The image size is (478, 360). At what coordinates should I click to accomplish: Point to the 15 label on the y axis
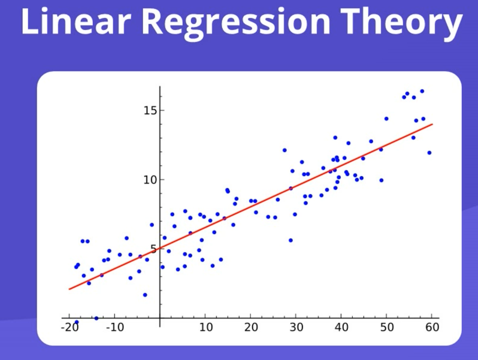click(x=149, y=111)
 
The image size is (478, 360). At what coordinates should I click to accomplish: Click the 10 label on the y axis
click(x=149, y=180)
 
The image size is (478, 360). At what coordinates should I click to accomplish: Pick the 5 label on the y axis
click(x=152, y=249)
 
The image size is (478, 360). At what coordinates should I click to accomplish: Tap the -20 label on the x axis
click(x=69, y=328)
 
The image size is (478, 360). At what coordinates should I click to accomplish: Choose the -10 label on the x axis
click(x=115, y=328)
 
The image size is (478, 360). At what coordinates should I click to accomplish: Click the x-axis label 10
click(x=205, y=328)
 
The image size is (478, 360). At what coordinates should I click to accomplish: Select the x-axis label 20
click(x=251, y=328)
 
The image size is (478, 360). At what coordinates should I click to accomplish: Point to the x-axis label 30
click(x=296, y=328)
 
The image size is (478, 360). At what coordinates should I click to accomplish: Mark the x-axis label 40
click(x=341, y=328)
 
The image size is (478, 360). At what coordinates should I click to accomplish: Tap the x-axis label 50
click(x=386, y=328)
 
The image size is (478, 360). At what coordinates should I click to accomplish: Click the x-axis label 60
click(x=432, y=328)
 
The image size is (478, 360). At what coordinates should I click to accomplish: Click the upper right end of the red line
click(x=432, y=124)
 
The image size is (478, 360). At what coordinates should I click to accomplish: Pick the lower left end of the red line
click(x=69, y=289)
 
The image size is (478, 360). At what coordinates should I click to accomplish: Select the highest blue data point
click(x=422, y=91)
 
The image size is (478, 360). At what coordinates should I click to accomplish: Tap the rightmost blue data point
click(x=429, y=153)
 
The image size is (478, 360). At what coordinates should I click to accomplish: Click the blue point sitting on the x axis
click(x=96, y=318)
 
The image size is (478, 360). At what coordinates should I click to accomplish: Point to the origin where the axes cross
click(x=160, y=318)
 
